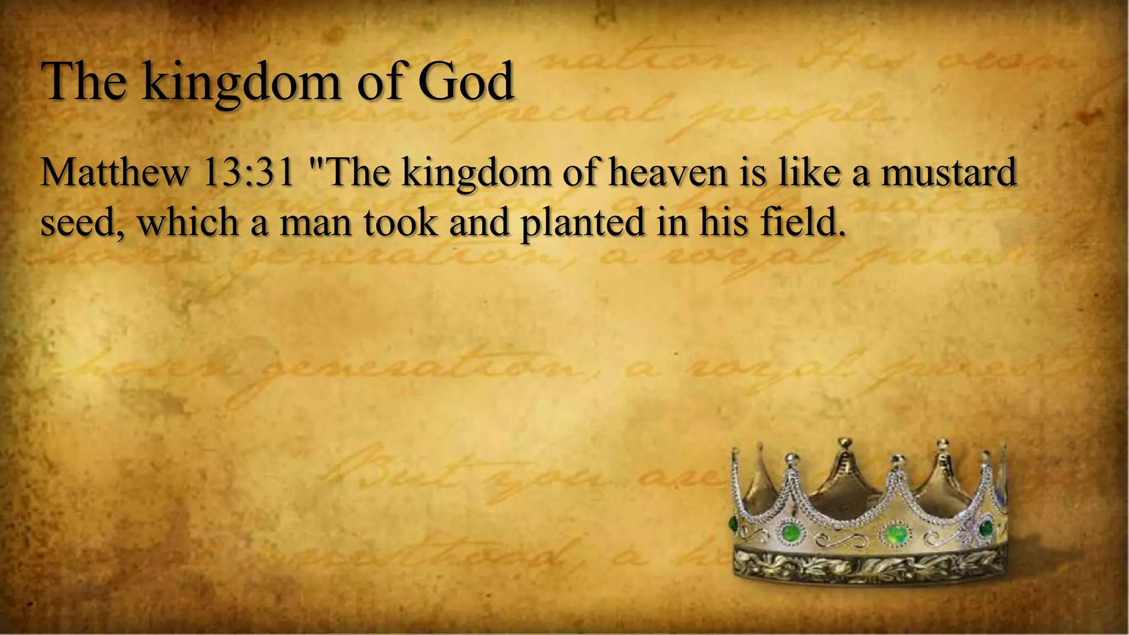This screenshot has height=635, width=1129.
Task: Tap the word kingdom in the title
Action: click(x=240, y=83)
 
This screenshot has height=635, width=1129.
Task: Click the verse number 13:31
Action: click(x=248, y=173)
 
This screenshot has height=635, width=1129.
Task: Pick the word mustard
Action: click(x=948, y=173)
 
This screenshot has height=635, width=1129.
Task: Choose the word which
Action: click(x=187, y=222)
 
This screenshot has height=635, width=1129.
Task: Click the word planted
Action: click(x=582, y=223)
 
